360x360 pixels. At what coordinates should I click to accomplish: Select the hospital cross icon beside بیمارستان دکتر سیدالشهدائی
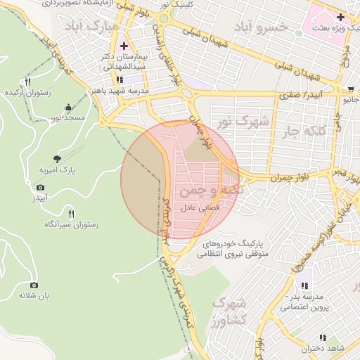click(124, 46)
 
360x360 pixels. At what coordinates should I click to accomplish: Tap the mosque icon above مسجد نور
click(68, 107)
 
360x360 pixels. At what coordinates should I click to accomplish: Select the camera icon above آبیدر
click(40, 188)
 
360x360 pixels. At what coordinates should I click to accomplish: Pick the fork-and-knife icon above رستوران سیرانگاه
click(70, 213)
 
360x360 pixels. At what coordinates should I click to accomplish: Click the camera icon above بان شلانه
click(34, 285)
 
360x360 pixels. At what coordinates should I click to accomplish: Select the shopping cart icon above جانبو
click(350, 89)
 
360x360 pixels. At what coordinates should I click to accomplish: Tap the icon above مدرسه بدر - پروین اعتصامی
click(304, 285)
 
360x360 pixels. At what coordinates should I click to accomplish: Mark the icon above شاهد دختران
click(323, 337)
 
